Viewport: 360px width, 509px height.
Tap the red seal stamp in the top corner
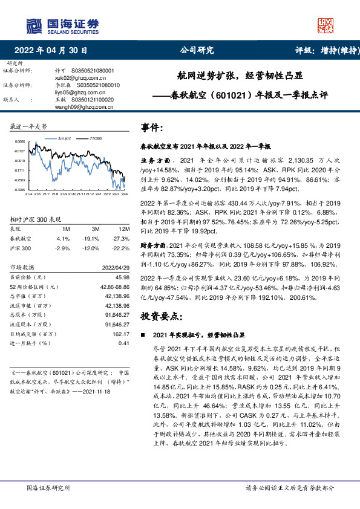tap(326, 25)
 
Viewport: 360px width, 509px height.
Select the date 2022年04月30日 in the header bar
tap(54, 50)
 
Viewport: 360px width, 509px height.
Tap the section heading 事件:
tap(152, 128)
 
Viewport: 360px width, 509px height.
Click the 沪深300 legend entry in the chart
tap(94, 138)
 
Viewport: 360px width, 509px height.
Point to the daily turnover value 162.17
tap(122, 333)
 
